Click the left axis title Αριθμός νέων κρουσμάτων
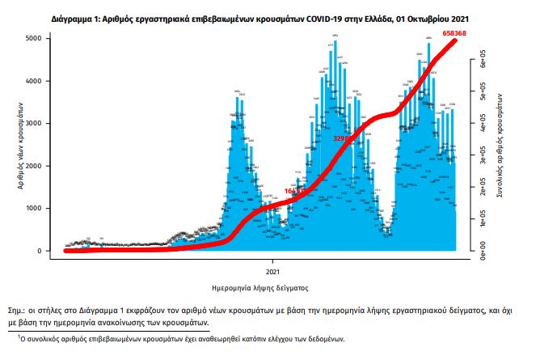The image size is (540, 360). click(21, 146)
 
